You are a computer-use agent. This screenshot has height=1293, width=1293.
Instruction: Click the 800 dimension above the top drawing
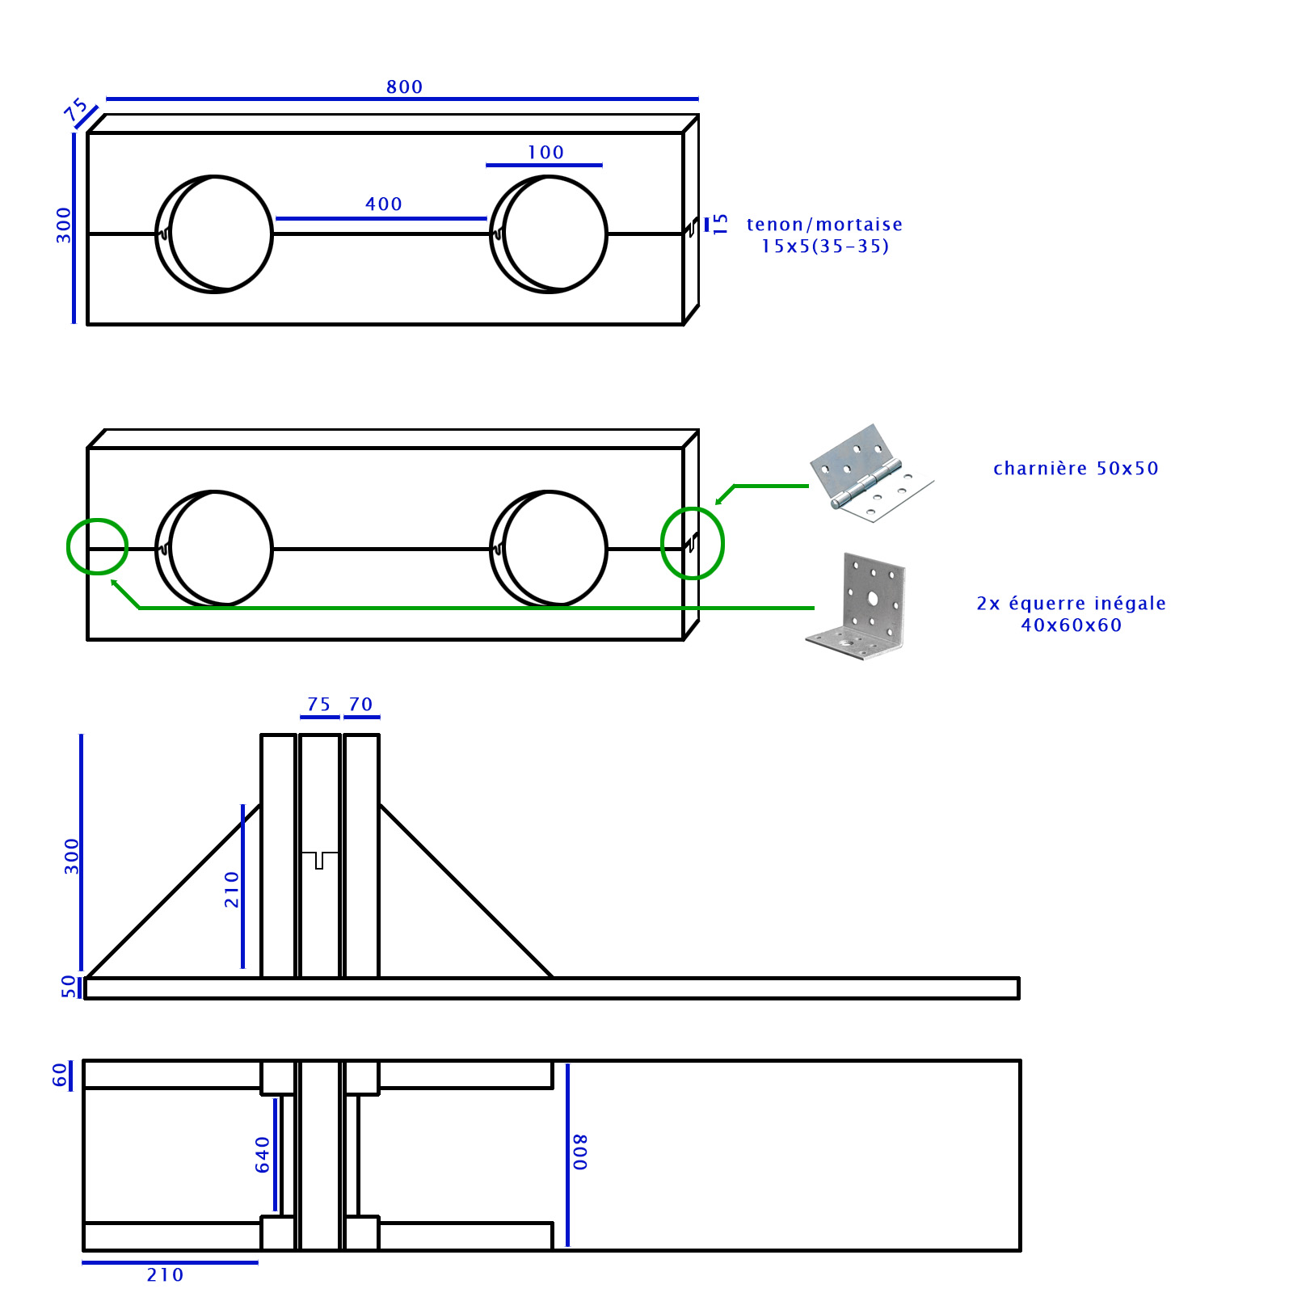[x=404, y=86]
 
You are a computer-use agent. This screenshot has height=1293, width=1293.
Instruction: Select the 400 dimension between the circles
[x=383, y=204]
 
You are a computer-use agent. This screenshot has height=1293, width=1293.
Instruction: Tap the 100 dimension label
[x=545, y=153]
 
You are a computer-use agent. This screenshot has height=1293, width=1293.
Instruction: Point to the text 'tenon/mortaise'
[x=824, y=225]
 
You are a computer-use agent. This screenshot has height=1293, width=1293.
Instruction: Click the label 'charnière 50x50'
[x=1076, y=469]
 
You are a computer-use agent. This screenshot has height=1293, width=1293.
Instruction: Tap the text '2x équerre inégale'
[x=1071, y=604]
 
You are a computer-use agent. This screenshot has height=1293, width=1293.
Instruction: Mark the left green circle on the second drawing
[x=97, y=547]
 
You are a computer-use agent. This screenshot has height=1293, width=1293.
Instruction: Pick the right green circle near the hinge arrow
[x=693, y=543]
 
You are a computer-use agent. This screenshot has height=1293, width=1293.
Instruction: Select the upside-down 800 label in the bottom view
[x=580, y=1152]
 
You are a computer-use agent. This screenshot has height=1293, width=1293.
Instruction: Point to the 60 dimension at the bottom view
[x=60, y=1075]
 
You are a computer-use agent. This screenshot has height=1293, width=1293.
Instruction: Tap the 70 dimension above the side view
[x=360, y=705]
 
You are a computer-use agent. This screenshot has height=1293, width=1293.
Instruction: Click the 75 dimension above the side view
[x=319, y=705]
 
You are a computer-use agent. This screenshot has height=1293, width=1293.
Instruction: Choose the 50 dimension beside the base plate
[x=69, y=987]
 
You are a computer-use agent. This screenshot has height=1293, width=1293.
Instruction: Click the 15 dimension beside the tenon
[x=720, y=224]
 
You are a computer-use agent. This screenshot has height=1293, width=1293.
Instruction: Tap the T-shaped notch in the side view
[x=319, y=858]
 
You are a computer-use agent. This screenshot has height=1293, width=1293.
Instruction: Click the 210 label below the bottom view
[x=165, y=1275]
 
